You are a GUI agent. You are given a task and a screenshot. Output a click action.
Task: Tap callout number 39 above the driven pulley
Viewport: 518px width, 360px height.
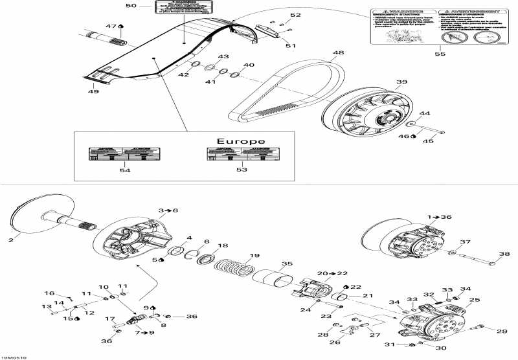click(401, 82)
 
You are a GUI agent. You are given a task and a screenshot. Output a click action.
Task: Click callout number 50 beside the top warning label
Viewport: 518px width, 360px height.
click(131, 6)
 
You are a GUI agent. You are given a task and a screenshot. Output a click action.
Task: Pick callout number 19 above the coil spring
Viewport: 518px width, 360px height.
click(254, 255)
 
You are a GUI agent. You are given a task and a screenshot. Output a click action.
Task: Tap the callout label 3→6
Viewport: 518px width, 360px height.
click(168, 211)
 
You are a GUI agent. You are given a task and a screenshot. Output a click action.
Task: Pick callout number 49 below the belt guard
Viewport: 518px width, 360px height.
click(94, 92)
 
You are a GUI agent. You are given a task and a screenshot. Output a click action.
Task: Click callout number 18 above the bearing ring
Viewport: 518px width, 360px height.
click(223, 246)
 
